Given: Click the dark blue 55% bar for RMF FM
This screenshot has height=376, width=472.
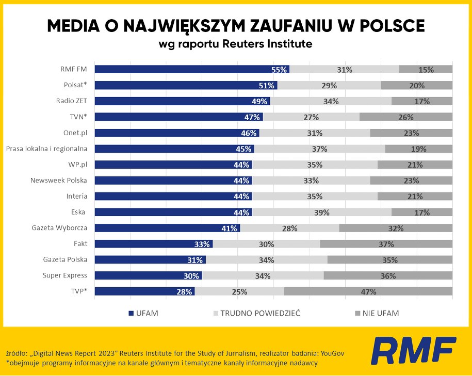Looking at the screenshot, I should (x=191, y=70).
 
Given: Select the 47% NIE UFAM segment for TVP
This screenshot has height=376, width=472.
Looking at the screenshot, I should (x=368, y=291).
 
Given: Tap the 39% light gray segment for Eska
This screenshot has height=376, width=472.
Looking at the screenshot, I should (x=321, y=212).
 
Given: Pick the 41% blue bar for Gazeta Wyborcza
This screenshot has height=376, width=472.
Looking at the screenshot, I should (x=167, y=228).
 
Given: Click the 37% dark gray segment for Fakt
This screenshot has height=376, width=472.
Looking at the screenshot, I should (x=386, y=244).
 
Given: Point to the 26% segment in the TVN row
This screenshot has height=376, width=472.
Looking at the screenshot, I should (x=405, y=117).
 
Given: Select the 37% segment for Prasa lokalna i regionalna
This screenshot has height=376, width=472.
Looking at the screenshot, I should (x=319, y=149).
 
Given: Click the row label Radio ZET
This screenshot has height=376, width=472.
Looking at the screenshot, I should (x=72, y=101).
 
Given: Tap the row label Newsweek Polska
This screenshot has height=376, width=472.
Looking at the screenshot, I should (x=59, y=181).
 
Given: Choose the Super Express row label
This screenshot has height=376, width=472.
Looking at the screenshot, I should (x=65, y=275).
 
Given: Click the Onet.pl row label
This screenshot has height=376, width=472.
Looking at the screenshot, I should (x=75, y=133).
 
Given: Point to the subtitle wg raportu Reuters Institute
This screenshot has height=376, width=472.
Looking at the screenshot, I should (x=236, y=44).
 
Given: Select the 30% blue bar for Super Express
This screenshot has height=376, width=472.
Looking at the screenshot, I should (x=148, y=275).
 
